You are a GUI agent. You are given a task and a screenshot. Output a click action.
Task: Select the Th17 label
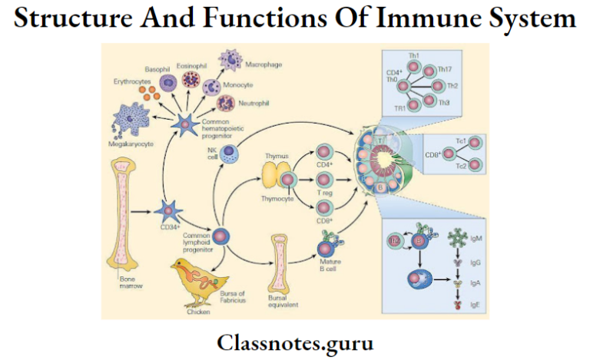[444, 70]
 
